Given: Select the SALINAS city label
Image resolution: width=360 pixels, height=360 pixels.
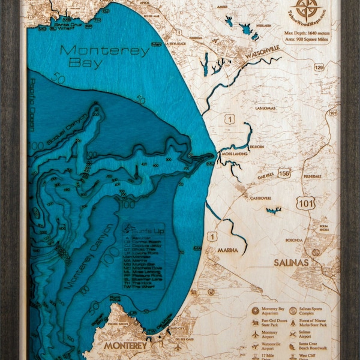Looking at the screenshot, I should tap(292, 263).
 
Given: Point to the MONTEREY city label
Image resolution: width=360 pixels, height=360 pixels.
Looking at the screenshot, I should tap(125, 346).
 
